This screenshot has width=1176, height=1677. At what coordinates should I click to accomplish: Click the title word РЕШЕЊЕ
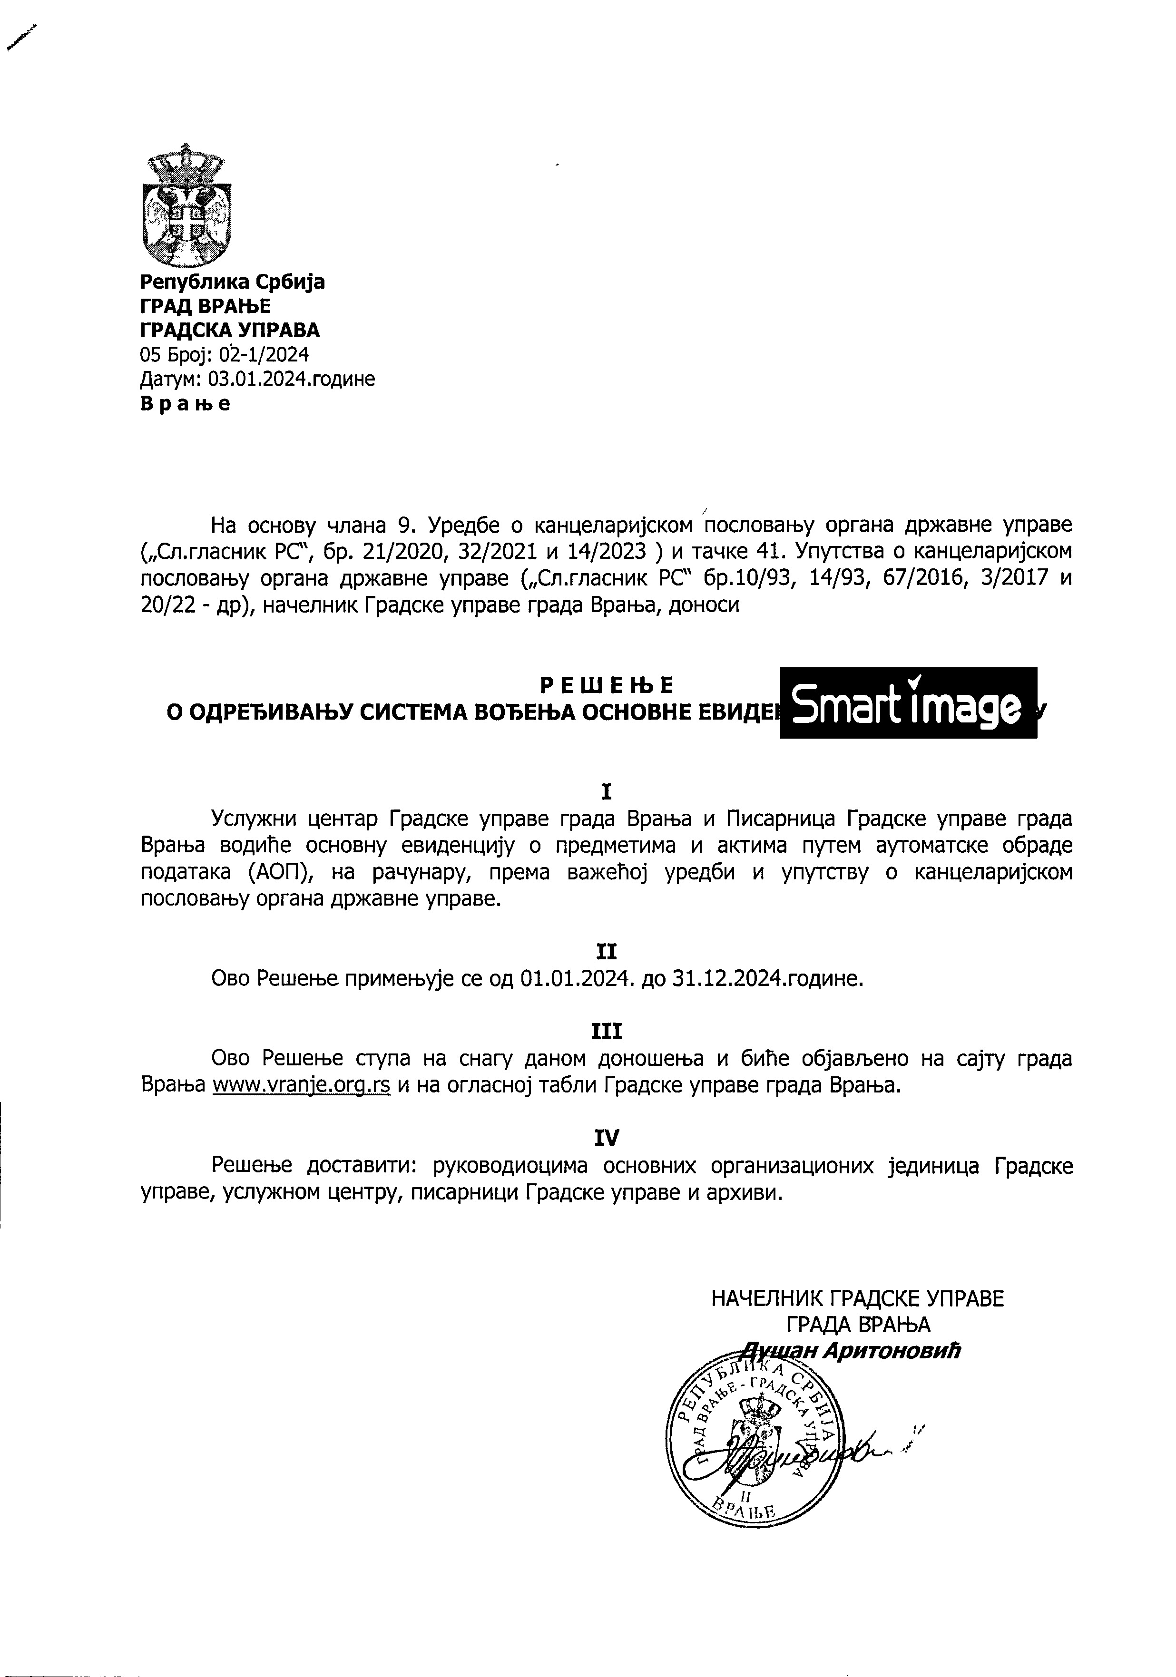pyautogui.click(x=606, y=685)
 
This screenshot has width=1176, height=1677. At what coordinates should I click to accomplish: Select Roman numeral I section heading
pyautogui.click(x=606, y=792)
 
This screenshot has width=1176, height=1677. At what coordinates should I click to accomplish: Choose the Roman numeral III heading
pyautogui.click(x=606, y=1031)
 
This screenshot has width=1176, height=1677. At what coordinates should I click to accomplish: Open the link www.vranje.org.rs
pyautogui.click(x=301, y=1085)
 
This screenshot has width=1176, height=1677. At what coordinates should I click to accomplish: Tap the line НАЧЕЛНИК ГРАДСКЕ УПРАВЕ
pyautogui.click(x=858, y=1298)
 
